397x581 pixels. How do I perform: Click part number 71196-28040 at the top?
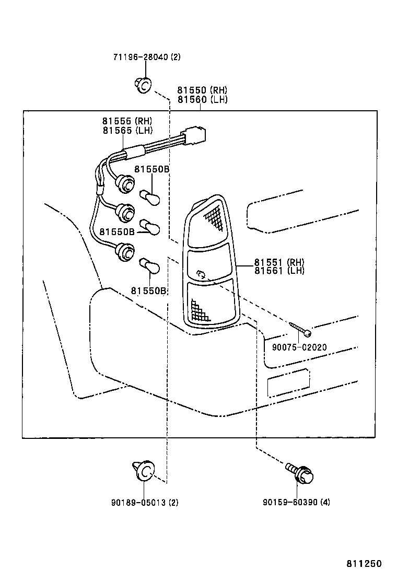tap(146, 57)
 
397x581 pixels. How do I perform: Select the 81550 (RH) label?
tap(202, 90)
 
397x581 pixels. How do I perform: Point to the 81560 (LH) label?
tap(202, 99)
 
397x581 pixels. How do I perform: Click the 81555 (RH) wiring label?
tap(127, 122)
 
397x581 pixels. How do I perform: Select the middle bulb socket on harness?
tap(125, 212)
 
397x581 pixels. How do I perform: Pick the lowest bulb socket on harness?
tap(124, 251)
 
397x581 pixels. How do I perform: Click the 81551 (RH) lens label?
tap(279, 262)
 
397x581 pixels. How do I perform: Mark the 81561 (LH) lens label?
tap(279, 271)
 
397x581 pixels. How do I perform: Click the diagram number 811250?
tap(364, 564)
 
